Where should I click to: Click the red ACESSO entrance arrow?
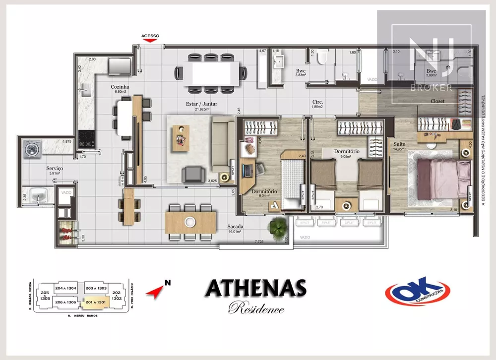pos(150,41)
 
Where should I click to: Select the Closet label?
pos(437,101)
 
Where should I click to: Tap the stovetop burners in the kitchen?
pos(87,139)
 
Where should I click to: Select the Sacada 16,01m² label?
pos(235,229)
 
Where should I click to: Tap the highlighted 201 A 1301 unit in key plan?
pos(95,301)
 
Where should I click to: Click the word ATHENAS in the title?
pos(255,288)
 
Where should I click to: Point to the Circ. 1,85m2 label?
pos(317,104)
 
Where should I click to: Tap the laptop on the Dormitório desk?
pos(247,171)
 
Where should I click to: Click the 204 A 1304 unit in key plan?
pos(65,288)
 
